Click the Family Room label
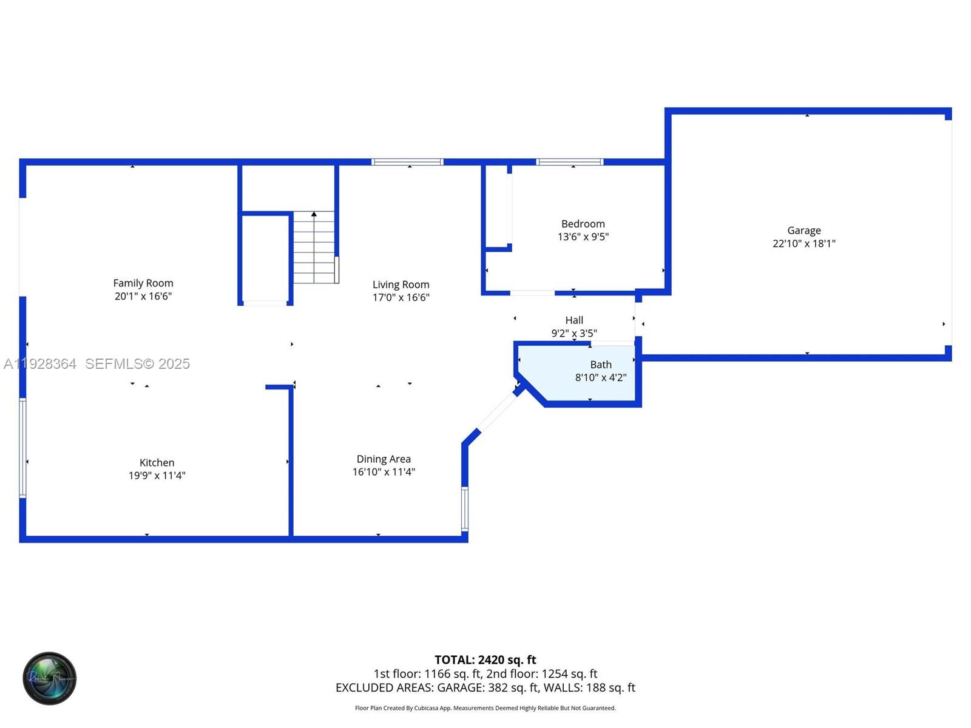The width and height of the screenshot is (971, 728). pyautogui.click(x=143, y=283)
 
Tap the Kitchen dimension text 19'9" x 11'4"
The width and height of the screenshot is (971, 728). pyautogui.click(x=157, y=476)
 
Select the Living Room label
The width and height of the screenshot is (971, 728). pyautogui.click(x=401, y=285)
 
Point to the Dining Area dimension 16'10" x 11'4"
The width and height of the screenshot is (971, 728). pyautogui.click(x=384, y=472)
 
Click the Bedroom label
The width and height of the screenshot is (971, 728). pyautogui.click(x=583, y=224)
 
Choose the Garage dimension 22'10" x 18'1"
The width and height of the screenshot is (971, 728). pyautogui.click(x=804, y=243)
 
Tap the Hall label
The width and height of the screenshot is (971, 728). pyautogui.click(x=574, y=320)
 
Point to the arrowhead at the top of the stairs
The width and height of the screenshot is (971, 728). pyautogui.click(x=314, y=214)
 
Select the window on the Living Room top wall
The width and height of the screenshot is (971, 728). pyautogui.click(x=407, y=162)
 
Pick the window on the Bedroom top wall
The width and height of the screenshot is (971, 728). pyautogui.click(x=569, y=162)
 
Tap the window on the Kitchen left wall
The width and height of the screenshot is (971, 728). pyautogui.click(x=23, y=448)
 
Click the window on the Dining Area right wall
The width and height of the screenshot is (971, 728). pyautogui.click(x=465, y=508)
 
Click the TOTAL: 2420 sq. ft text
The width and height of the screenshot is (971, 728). pyautogui.click(x=485, y=659)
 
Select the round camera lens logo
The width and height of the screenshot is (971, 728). pyautogui.click(x=50, y=678)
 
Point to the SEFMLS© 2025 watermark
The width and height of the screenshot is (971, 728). pyautogui.click(x=137, y=364)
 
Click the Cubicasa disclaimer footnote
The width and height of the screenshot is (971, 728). pyautogui.click(x=485, y=708)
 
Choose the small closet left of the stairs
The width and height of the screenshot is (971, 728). pyautogui.click(x=265, y=258)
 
